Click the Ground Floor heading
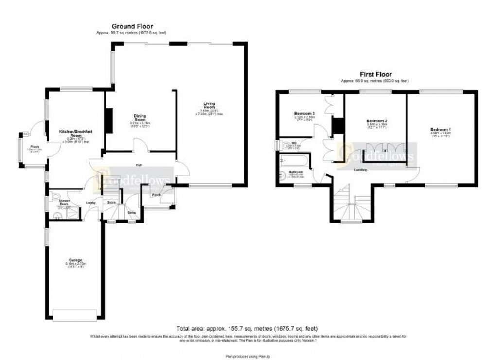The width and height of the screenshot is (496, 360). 132,26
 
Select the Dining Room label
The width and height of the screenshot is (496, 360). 140,118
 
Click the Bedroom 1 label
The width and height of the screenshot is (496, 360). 441,129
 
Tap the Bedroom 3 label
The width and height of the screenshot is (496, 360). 304,113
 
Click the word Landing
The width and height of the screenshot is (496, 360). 360,170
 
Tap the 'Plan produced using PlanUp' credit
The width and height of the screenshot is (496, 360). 248,350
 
